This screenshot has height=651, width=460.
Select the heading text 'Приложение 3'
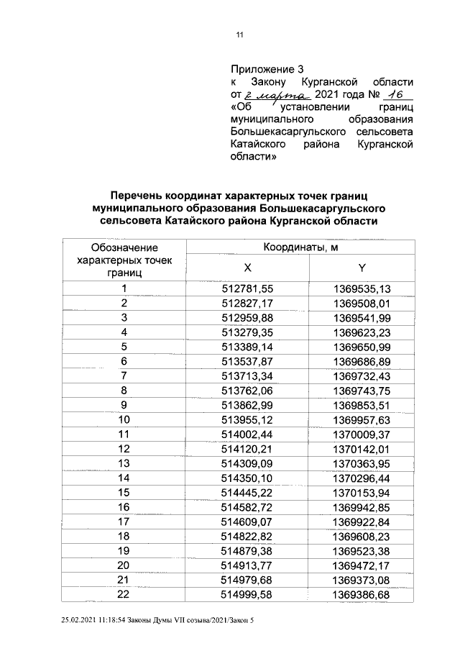[263, 70]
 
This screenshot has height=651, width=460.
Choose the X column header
[247, 268]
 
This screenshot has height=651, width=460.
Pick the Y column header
[362, 268]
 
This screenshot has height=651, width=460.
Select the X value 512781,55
[247, 289]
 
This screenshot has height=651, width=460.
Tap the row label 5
[124, 346]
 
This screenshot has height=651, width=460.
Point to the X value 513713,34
[247, 375]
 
